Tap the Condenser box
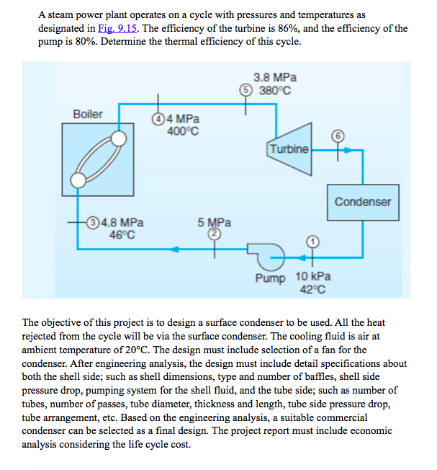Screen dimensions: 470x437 click(x=362, y=201)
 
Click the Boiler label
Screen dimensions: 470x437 click(x=88, y=115)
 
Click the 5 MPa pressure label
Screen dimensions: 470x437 click(x=214, y=223)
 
